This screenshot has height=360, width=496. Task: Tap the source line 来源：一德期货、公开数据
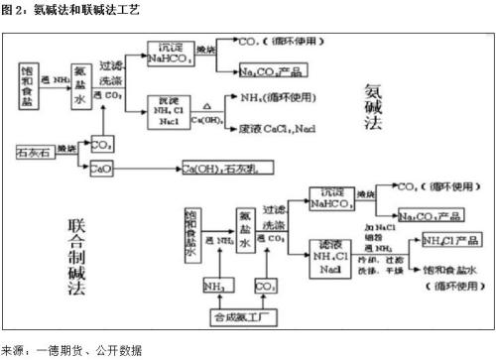click(71, 350)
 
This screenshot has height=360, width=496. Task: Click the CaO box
click(101, 170)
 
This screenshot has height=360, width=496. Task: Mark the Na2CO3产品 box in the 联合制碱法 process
click(431, 215)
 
